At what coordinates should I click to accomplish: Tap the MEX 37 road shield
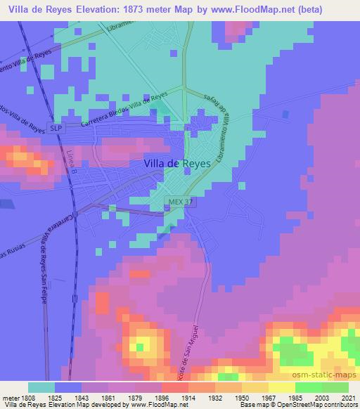(179, 201)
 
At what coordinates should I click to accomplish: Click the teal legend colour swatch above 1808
(41, 387)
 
